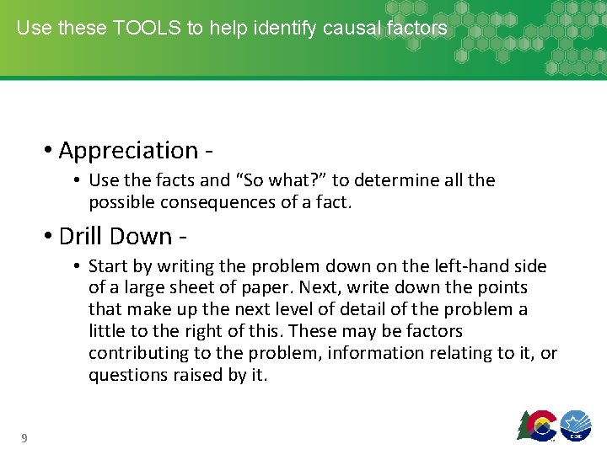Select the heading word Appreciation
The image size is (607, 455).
click(128, 150)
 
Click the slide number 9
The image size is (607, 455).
click(24, 437)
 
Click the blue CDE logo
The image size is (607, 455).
click(576, 425)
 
